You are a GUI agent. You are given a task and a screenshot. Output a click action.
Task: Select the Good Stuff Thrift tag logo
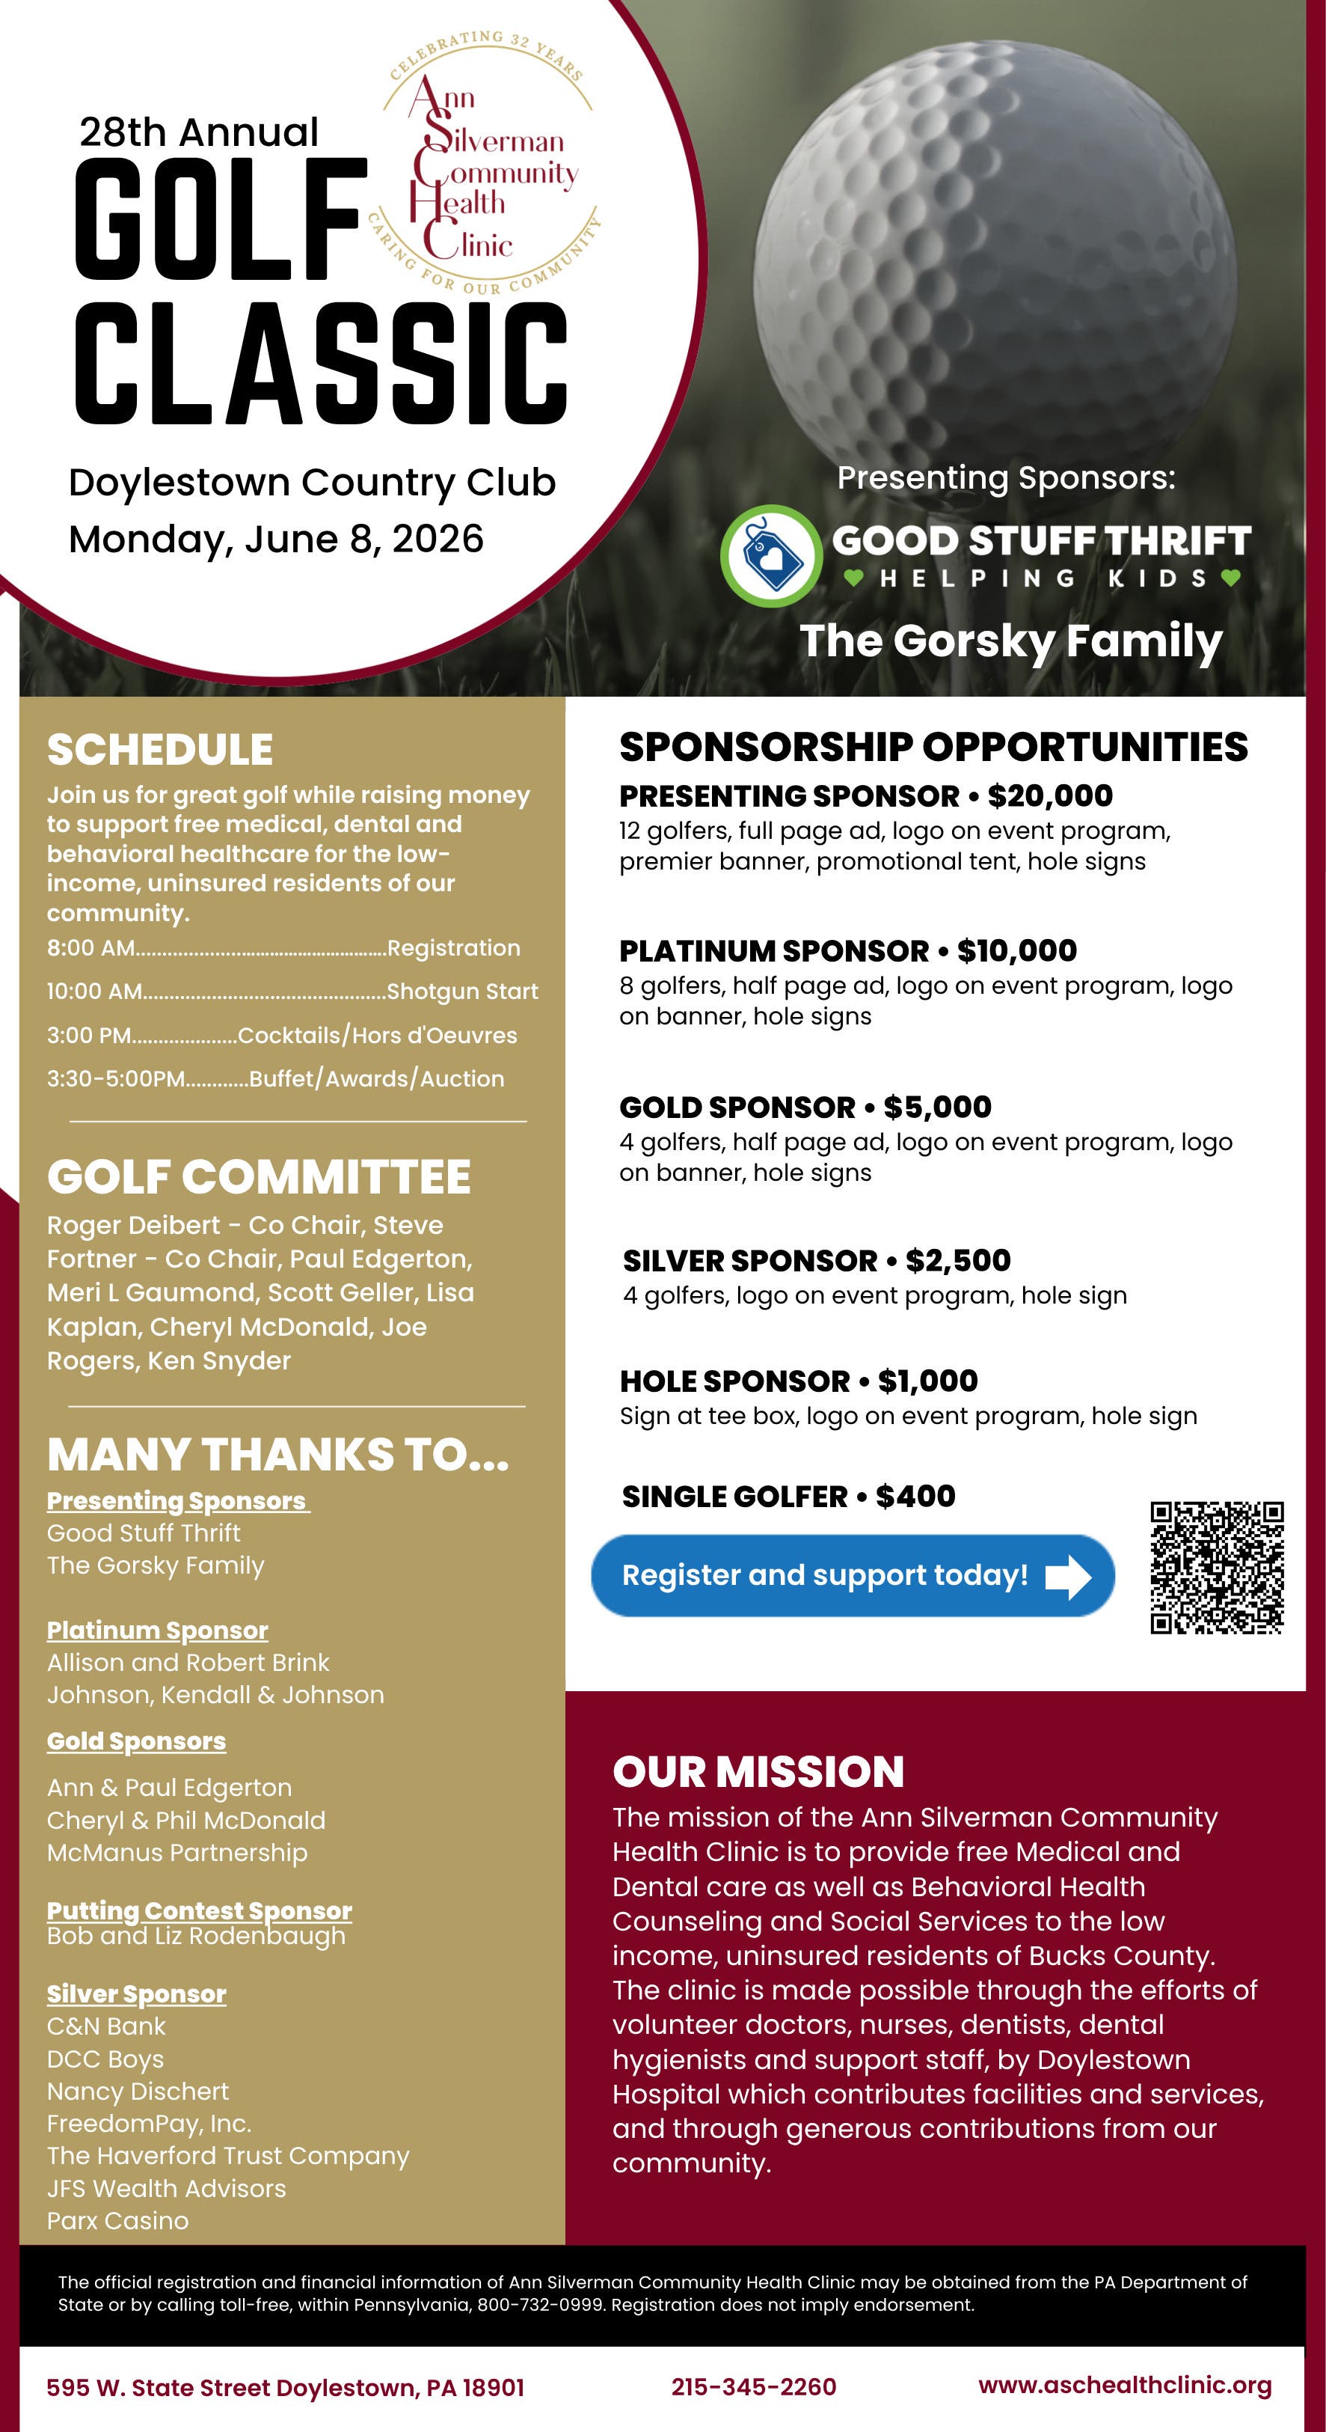771,556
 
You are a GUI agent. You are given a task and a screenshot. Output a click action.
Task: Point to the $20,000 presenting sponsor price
1049,796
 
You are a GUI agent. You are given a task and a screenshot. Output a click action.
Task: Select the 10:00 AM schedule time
94,992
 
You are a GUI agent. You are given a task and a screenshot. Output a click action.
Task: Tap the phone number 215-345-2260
753,2386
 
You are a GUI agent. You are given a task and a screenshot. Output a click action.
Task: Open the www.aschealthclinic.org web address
1125,2385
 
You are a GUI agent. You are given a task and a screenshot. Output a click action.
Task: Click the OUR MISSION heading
758,1771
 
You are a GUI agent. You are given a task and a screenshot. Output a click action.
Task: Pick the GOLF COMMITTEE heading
259,1177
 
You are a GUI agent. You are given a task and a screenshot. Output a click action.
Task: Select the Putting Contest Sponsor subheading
199,1911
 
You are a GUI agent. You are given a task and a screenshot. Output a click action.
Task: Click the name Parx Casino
118,2220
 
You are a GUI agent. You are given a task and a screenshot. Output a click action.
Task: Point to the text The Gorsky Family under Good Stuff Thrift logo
1011,641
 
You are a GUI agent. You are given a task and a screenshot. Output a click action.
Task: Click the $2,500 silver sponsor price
957,1259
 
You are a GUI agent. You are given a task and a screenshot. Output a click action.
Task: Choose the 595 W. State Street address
285,2388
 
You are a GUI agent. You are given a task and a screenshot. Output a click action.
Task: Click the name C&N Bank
105,2026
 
